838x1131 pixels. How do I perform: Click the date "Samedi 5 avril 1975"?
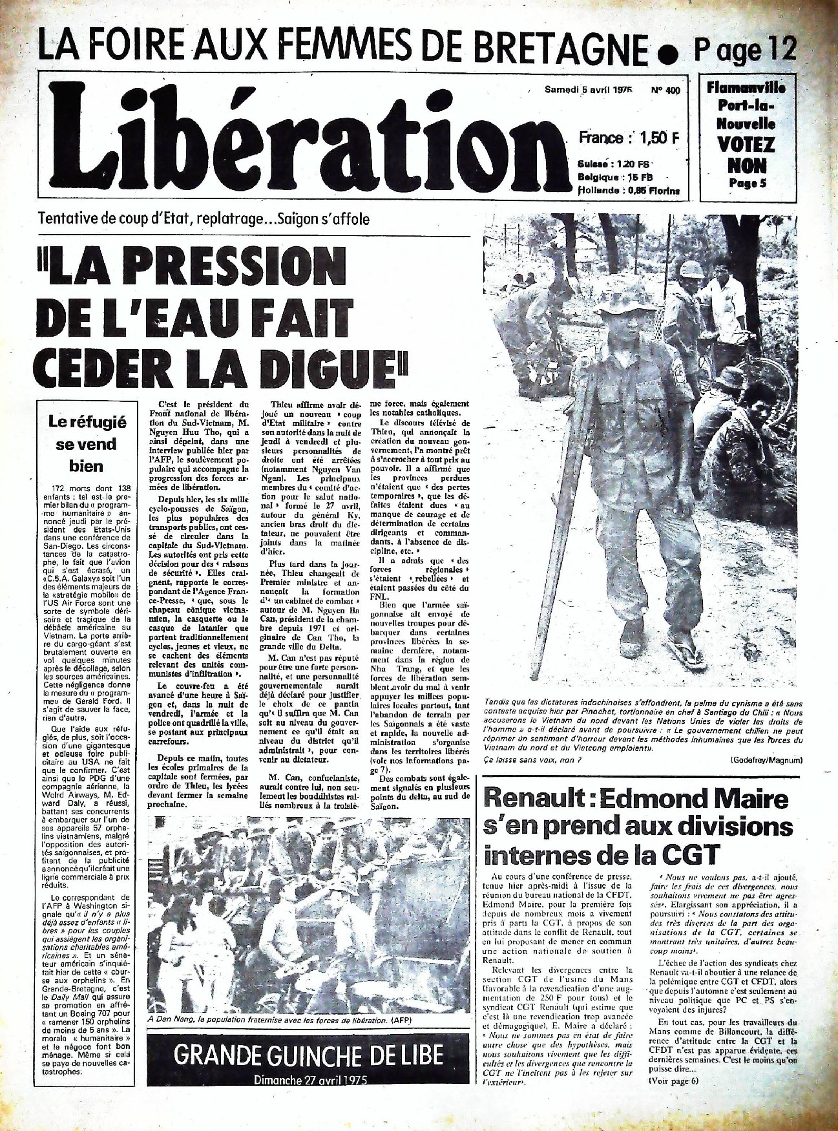[x=587, y=90]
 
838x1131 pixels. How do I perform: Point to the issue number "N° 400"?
[x=665, y=90]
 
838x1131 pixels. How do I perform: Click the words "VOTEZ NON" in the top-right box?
[x=746, y=154]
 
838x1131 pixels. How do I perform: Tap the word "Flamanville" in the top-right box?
[x=746, y=87]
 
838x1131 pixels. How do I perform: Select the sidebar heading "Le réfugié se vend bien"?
[x=87, y=443]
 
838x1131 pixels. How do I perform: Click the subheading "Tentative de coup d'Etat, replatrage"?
[x=204, y=218]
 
